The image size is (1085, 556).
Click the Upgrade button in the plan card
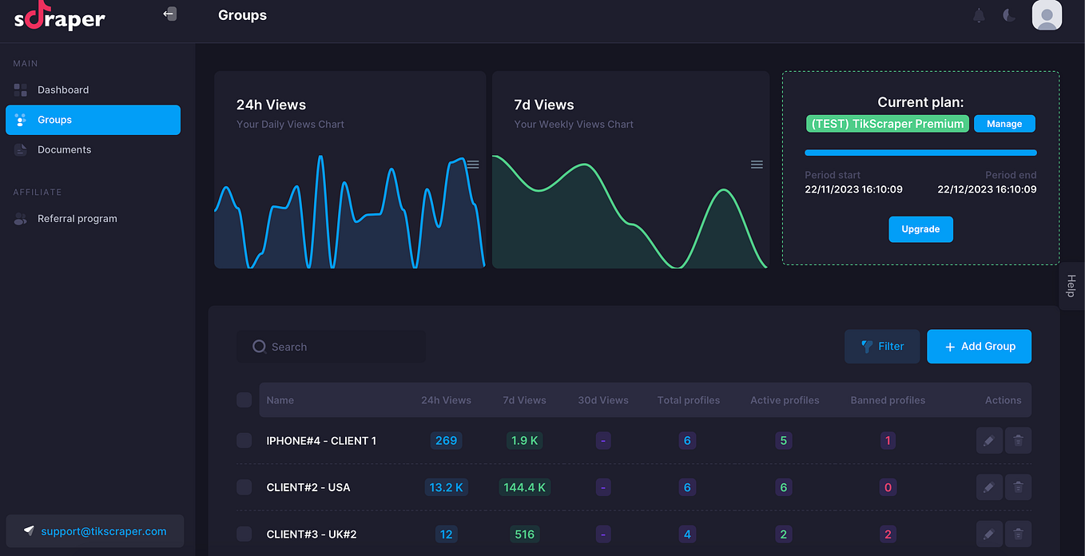coord(920,229)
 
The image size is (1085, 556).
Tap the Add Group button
coord(979,346)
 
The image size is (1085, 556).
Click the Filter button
coord(882,346)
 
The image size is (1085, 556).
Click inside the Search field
coord(331,347)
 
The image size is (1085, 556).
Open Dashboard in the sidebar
coord(63,90)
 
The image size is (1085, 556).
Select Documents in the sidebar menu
coord(64,149)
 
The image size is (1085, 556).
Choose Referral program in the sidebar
coord(77,219)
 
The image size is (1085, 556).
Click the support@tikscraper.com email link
coord(104,531)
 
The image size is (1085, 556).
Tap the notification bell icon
coord(979,15)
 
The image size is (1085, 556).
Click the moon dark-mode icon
coord(1009,15)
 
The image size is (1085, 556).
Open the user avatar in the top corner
coord(1047,15)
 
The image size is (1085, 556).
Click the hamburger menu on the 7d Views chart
coord(757,165)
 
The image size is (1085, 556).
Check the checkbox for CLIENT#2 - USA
coord(244,487)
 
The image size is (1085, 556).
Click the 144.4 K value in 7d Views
coord(525,487)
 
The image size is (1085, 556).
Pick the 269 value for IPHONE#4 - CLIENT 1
coord(446,441)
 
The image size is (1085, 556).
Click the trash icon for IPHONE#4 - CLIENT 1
coord(1018,441)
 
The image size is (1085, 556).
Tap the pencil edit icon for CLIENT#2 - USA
coord(989,487)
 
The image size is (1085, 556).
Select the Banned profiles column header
coord(888,400)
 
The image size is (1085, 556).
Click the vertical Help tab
coord(1071,286)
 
